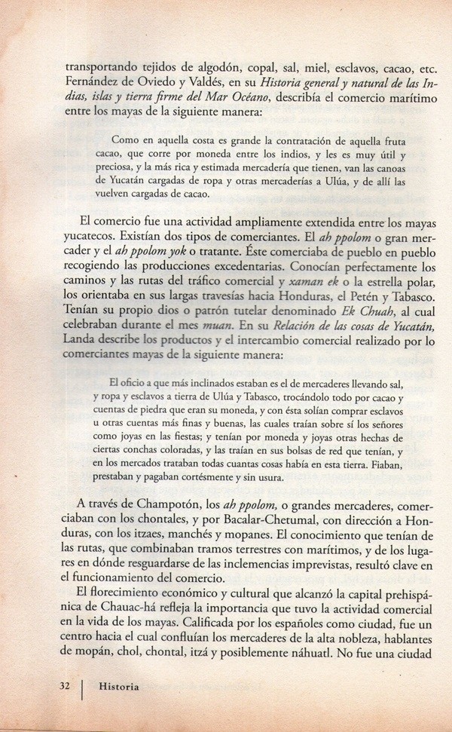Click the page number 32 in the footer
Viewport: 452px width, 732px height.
pyautogui.click(x=64, y=687)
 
